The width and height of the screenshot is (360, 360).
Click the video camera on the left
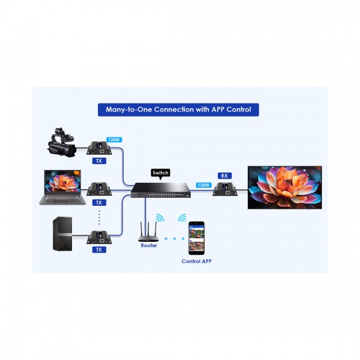point(62,143)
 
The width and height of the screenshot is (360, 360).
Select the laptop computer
point(63,187)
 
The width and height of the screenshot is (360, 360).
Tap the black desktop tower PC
point(63,234)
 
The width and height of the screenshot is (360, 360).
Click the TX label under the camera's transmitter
point(99,161)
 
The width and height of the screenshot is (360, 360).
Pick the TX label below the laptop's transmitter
point(99,203)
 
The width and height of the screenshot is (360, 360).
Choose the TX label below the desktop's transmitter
point(99,250)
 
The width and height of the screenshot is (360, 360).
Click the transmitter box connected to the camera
point(99,148)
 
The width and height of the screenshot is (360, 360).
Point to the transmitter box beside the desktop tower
point(99,238)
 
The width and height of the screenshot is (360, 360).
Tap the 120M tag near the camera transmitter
point(114,140)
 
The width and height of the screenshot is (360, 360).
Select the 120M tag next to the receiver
point(204,185)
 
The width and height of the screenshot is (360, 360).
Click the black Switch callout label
point(161,174)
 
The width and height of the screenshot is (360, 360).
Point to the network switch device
point(161,190)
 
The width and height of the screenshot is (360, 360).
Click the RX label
point(225,176)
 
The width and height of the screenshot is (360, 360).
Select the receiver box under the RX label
point(225,189)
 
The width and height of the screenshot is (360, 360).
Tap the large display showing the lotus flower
point(284,187)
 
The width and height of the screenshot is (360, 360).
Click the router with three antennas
point(148,232)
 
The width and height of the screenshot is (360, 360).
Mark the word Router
point(149,246)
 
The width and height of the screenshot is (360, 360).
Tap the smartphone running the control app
point(197,238)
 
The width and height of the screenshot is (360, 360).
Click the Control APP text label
point(197,261)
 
